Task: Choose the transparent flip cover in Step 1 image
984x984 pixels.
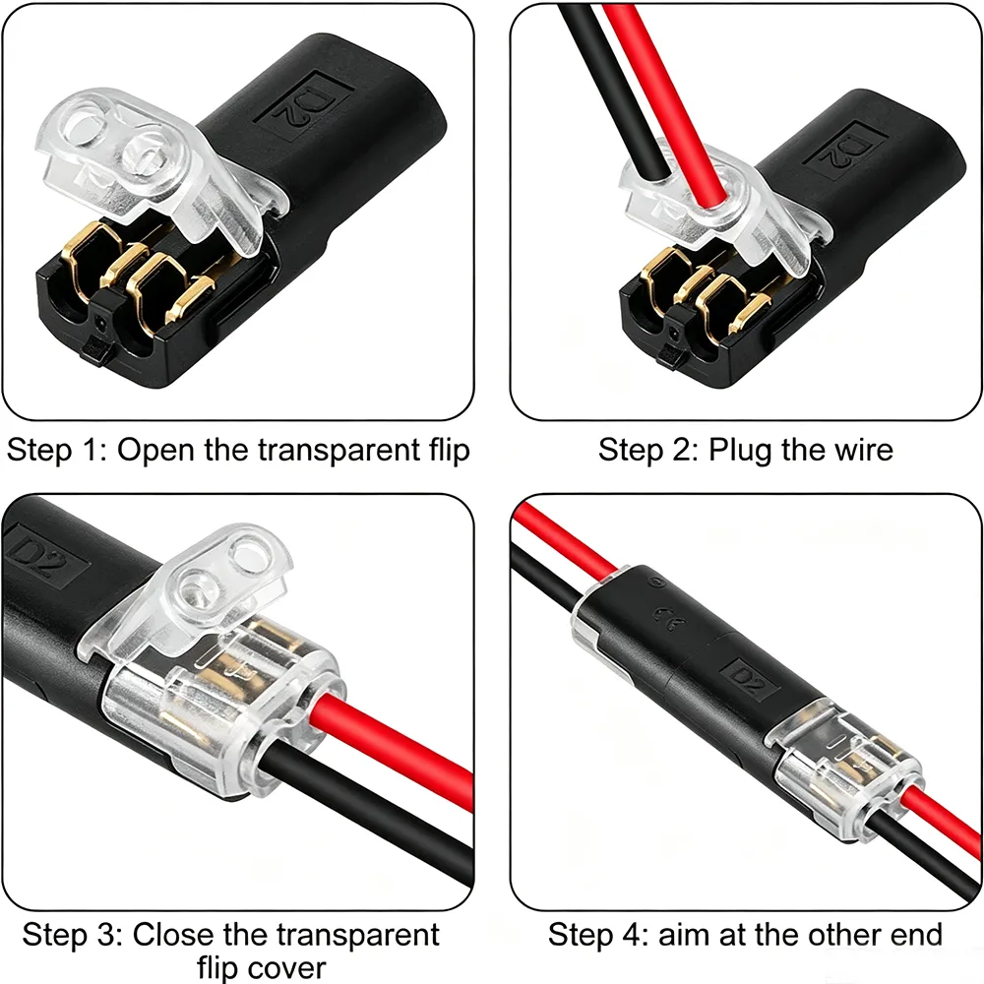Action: tap(156, 169)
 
